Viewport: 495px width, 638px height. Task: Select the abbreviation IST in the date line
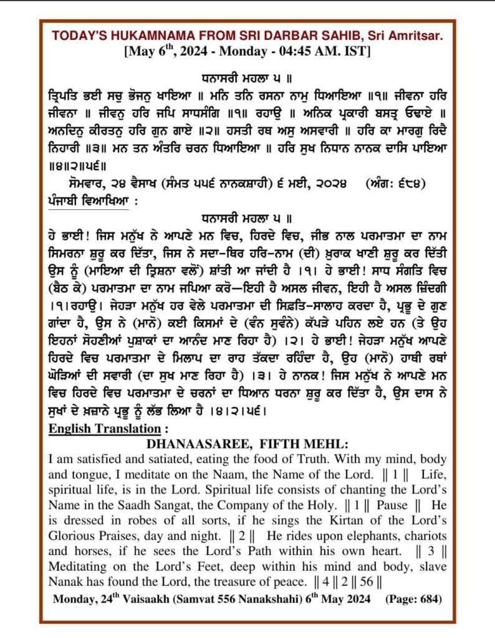pos(357,52)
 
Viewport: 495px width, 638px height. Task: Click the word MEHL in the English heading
pos(320,444)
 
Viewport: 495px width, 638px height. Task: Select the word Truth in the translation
pos(299,459)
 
